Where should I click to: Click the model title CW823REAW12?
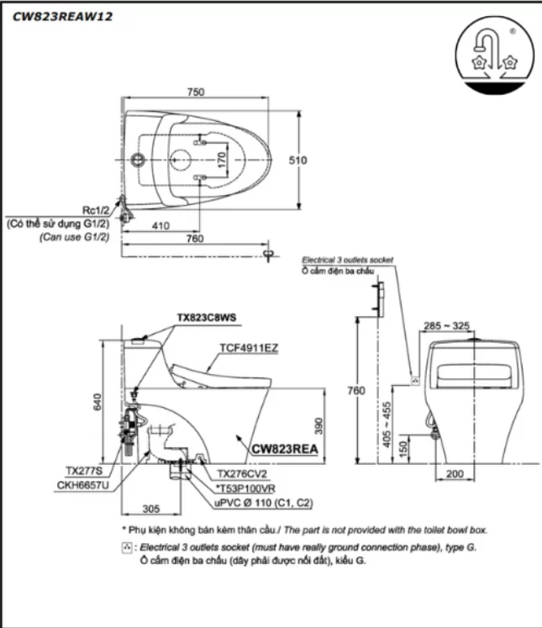[x=63, y=15]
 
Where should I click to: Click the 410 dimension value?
[x=161, y=226]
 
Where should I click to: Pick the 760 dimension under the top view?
[x=196, y=238]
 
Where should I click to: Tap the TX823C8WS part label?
[x=207, y=318]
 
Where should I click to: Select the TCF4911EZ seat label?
[x=249, y=346]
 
